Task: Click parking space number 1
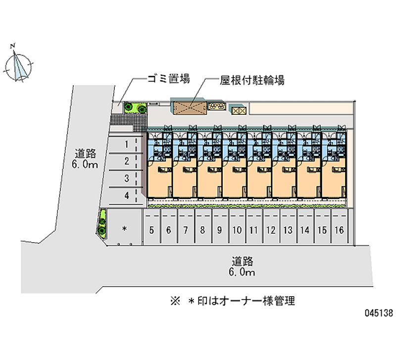126,145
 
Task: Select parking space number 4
126,196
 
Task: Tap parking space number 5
151,227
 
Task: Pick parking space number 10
237,227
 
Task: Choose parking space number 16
339,227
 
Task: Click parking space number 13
288,227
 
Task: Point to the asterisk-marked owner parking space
124,227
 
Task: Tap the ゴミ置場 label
168,79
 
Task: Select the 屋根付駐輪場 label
252,80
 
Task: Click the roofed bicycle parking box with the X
190,108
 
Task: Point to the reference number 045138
379,313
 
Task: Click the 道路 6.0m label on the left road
85,159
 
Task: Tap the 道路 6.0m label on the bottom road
242,266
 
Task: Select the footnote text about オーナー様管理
233,301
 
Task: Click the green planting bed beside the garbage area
135,108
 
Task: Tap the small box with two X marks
239,110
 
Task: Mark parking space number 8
202,227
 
